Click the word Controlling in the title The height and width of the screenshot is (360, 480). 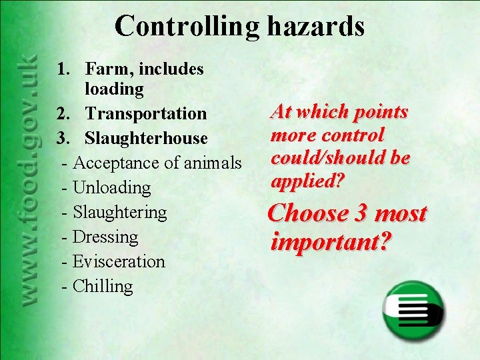click(186, 27)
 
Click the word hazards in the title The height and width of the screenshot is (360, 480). click(316, 26)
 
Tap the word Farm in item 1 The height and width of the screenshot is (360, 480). click(107, 69)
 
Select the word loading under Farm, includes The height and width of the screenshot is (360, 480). click(114, 89)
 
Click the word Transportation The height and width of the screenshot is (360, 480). click(146, 113)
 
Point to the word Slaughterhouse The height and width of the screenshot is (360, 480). click(146, 138)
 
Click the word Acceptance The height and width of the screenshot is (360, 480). click(114, 163)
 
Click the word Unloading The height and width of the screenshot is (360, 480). click(111, 187)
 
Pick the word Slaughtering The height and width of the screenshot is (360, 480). click(119, 212)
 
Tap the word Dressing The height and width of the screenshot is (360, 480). click(105, 237)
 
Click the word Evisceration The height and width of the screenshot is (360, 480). click(118, 261)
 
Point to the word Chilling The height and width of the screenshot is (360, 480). click(103, 286)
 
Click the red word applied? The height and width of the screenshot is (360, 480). click(307, 181)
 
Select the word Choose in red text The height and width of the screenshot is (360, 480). click(307, 214)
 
